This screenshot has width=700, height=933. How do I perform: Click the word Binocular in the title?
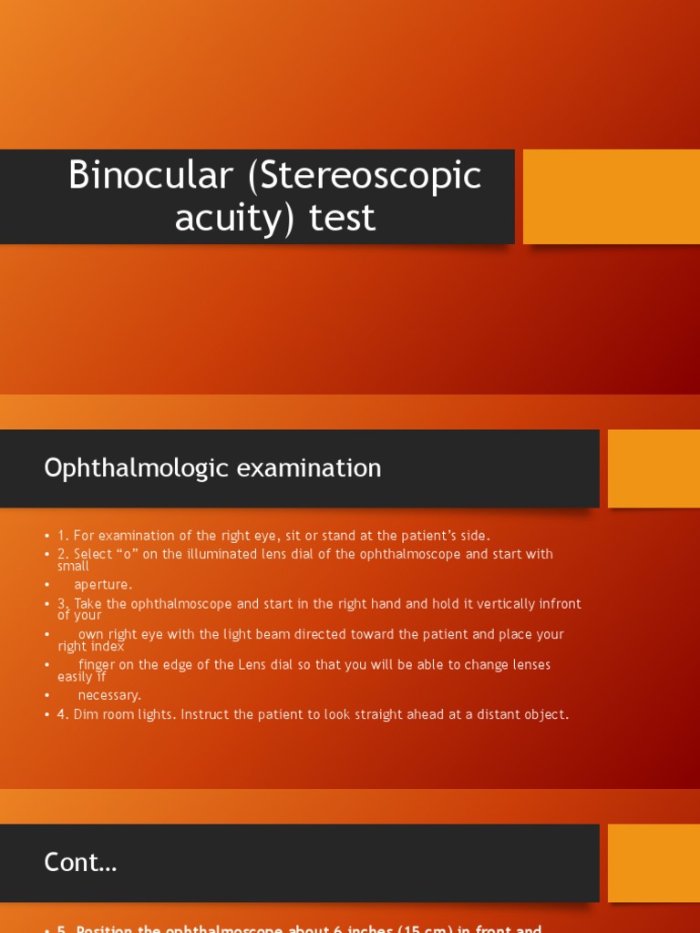coord(151,175)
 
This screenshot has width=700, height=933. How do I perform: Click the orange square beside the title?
coord(611,197)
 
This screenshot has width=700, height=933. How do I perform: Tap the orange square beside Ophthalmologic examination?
coord(654,468)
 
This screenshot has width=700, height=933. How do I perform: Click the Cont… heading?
coord(80,863)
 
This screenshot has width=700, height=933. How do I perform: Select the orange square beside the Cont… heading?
coord(654,863)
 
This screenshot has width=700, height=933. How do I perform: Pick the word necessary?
coord(109,695)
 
